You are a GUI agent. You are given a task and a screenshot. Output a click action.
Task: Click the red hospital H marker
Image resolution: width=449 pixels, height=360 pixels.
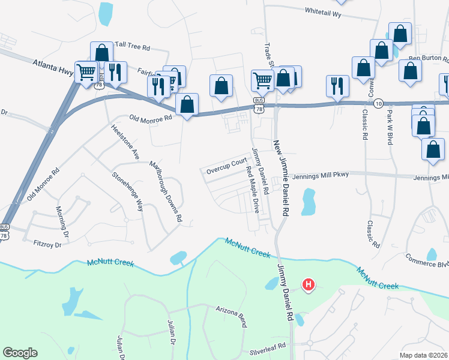[308, 284]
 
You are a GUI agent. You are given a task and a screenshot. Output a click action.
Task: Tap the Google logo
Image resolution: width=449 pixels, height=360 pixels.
[20, 353]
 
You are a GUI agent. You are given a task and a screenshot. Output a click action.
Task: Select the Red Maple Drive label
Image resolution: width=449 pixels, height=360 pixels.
[253, 189]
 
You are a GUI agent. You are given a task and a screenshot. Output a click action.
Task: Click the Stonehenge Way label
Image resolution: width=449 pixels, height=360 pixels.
[127, 192]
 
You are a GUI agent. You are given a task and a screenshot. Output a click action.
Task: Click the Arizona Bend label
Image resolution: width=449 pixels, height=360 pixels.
[231, 315]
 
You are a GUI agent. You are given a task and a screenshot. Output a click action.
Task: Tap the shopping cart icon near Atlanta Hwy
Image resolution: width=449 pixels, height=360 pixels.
[86, 72]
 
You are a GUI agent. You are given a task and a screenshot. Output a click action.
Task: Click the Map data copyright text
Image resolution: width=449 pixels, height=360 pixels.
[423, 355]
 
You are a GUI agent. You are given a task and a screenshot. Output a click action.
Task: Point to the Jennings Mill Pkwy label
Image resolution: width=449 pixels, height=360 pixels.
[318, 176]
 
